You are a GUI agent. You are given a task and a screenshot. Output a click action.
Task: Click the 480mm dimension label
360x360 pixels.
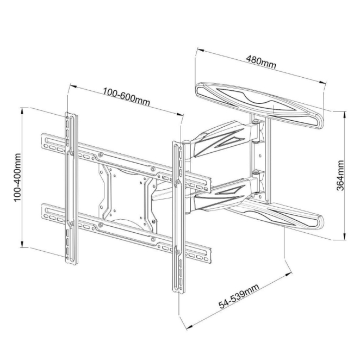point(261,62)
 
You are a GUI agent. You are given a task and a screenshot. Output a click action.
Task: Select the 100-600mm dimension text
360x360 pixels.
point(126,97)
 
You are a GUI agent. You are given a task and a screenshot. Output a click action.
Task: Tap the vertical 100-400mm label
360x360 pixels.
point(17,178)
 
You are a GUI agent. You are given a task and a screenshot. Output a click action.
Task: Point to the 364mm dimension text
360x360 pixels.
point(340,176)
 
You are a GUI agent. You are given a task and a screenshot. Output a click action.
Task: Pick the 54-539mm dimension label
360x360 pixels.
point(239,296)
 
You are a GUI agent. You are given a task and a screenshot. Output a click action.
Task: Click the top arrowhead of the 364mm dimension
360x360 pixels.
point(345,115)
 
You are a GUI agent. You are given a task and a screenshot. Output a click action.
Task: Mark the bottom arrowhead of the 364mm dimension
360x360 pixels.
point(345,237)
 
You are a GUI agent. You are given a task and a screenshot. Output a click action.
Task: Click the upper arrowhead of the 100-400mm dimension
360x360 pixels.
point(22,111)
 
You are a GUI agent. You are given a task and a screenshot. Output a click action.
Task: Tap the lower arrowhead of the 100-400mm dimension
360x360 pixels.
point(22,244)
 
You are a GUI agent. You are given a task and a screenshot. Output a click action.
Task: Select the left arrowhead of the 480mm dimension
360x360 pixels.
point(201,50)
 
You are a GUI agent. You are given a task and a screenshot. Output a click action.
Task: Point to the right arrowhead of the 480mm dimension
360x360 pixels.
point(322,82)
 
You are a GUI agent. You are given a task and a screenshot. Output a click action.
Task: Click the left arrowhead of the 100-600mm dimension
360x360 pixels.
point(73,86)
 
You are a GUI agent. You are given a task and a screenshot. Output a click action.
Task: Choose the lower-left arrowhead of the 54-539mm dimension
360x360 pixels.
point(190,327)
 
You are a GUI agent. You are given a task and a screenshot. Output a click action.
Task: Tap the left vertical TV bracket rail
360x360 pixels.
point(71,188)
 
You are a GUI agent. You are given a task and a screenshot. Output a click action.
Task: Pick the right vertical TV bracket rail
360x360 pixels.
point(178,218)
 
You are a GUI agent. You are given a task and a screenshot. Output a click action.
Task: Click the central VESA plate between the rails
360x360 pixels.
point(127,197)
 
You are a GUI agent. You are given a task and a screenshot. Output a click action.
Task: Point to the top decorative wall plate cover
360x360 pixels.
point(259,105)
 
